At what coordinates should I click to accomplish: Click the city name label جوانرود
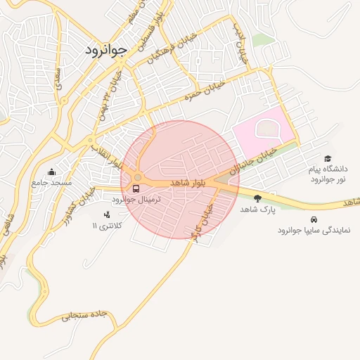tap(105, 50)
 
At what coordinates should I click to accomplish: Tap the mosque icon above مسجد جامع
tap(51, 172)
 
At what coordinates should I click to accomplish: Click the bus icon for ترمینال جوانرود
tap(135, 188)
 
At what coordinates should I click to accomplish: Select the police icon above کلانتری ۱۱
tap(107, 214)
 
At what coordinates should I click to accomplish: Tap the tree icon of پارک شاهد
tap(257, 198)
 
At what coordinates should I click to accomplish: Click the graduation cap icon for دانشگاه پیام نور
tap(328, 159)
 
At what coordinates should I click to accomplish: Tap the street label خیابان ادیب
tap(240, 43)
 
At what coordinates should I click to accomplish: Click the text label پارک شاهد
tap(255, 210)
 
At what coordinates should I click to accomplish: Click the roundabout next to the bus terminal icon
tap(138, 176)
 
